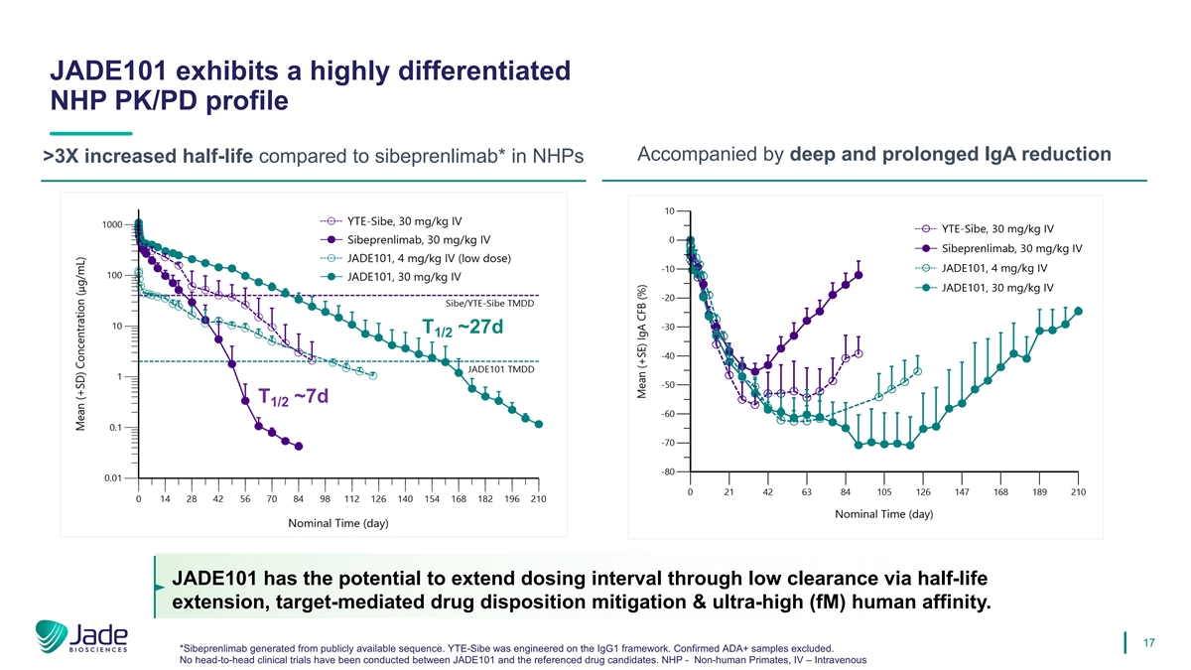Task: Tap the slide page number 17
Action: click(1151, 644)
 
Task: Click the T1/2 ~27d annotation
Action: click(463, 329)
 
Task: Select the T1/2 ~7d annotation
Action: click(293, 397)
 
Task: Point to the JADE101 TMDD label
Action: click(501, 370)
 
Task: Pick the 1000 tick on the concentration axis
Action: click(112, 224)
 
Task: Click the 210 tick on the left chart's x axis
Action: click(538, 498)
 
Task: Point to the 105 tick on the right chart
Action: click(884, 492)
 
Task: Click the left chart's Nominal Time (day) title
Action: click(337, 523)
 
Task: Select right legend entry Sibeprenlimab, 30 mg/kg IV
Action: click(1010, 248)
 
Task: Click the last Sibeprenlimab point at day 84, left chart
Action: click(299, 447)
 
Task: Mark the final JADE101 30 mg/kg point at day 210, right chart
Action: click(1078, 312)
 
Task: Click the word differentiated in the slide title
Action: click(460, 71)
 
